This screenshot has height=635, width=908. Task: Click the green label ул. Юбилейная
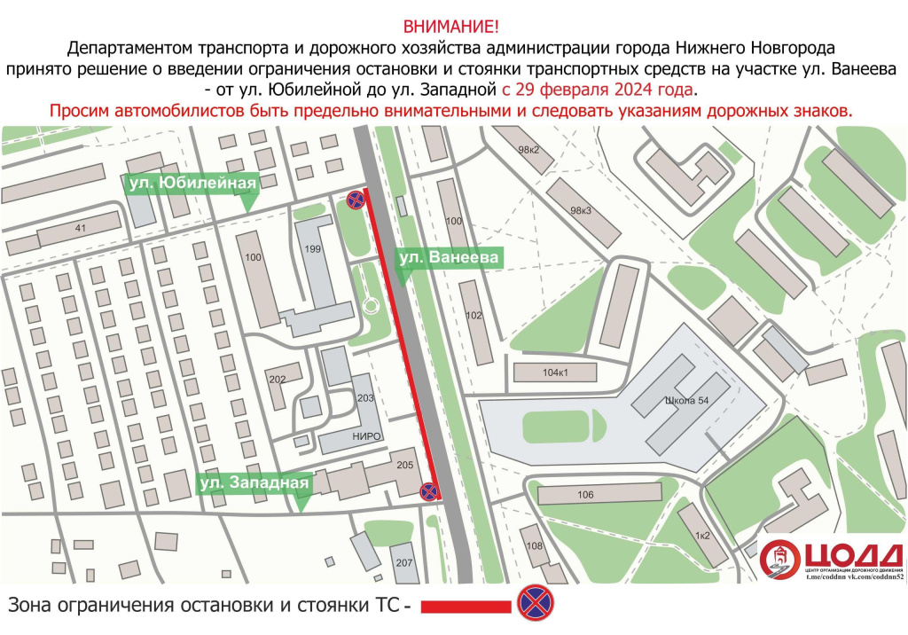(x=192, y=184)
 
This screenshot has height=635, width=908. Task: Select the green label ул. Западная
(x=254, y=483)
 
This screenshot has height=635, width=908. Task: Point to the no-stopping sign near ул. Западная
(x=428, y=490)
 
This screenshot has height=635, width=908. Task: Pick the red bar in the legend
(x=464, y=608)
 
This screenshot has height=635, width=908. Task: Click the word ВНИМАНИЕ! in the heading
(x=453, y=26)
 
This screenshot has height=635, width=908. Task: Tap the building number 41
(x=81, y=229)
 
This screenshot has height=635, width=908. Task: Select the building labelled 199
(x=312, y=250)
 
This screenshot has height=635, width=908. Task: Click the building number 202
(x=278, y=380)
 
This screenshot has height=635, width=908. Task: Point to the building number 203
(x=365, y=398)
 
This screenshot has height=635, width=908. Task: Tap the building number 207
(x=404, y=562)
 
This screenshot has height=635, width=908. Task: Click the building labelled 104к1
(x=554, y=372)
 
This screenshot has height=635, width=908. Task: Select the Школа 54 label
(x=686, y=401)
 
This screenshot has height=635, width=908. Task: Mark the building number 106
(x=584, y=495)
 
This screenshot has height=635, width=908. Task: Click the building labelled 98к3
(x=581, y=210)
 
